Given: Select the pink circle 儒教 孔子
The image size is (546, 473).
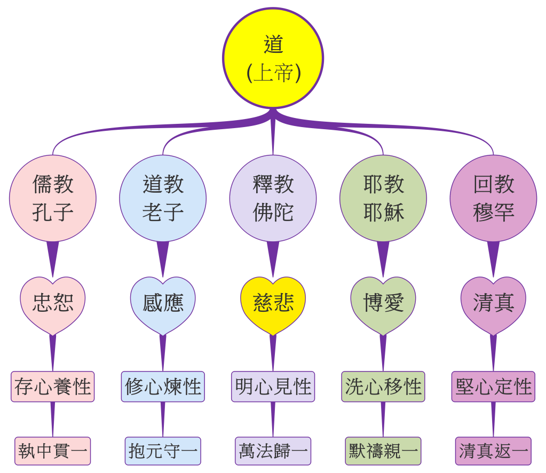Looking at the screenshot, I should click(x=53, y=198).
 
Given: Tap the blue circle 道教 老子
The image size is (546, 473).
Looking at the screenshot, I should click(x=163, y=198).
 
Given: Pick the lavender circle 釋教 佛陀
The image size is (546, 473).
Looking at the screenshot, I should click(x=273, y=198).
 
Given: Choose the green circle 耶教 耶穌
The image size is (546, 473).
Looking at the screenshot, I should click(x=383, y=198).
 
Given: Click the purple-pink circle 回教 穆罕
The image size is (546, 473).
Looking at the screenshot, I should click(x=493, y=198).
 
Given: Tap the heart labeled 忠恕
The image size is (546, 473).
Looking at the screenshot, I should click(x=53, y=303).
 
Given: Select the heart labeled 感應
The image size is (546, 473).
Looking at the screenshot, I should click(x=163, y=303).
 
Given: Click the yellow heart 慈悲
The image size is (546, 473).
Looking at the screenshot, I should click(x=273, y=303).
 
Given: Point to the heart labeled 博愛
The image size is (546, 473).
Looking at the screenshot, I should click(x=383, y=303).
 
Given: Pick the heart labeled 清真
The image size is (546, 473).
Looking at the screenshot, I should click(x=493, y=303).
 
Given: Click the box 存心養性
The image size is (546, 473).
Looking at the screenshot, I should click(x=53, y=387).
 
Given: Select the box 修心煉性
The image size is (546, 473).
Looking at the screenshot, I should click(x=163, y=387).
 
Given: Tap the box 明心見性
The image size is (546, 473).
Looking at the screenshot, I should click(x=273, y=387).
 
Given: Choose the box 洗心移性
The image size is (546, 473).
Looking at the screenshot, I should click(x=383, y=387).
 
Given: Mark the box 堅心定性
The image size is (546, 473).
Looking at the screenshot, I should click(x=493, y=387).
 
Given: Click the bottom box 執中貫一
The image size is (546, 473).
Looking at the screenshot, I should click(x=53, y=451).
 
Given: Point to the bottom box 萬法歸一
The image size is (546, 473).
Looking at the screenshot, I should click(x=273, y=451).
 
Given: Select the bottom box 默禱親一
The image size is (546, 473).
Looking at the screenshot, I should click(x=383, y=451).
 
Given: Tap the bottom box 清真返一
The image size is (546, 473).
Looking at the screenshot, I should click(x=493, y=451).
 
